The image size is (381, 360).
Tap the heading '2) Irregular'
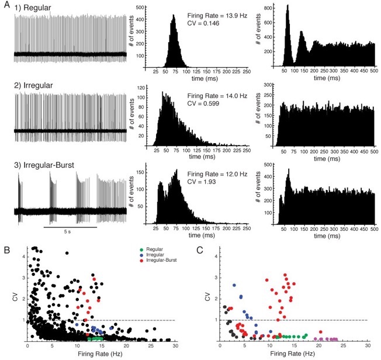tap(35, 86)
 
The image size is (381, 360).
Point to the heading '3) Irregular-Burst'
tap(46, 164)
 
